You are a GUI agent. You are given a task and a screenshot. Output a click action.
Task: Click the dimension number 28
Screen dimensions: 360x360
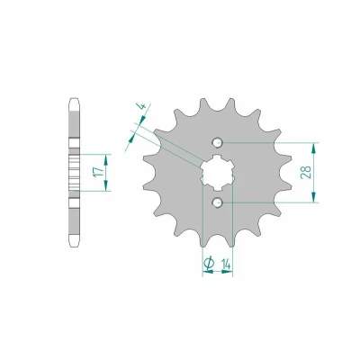306,172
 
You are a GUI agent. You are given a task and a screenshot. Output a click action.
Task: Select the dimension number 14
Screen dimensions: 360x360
226,265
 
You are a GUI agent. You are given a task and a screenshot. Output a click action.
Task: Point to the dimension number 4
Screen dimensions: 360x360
140,106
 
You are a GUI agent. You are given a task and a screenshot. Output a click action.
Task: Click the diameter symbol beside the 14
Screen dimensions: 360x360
209,262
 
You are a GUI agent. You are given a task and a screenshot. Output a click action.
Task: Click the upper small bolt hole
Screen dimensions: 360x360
218,143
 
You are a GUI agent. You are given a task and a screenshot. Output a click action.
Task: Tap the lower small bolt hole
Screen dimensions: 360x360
218,202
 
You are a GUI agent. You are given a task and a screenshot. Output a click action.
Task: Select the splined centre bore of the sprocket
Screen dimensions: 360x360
218,173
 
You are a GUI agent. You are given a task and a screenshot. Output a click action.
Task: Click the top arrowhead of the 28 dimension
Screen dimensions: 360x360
313,148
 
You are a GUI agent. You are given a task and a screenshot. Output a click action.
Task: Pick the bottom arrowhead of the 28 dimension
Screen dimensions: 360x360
313,197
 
